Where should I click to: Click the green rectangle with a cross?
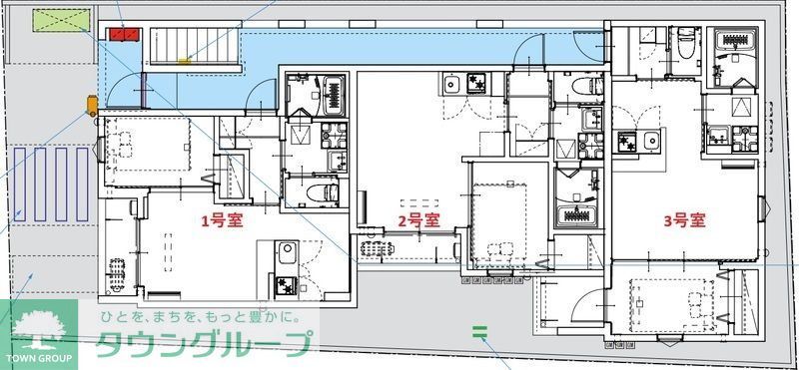59,20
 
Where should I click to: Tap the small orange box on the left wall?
91,103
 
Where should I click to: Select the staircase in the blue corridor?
196,48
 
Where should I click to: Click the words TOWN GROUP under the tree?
38,356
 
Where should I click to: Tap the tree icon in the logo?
38,326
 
